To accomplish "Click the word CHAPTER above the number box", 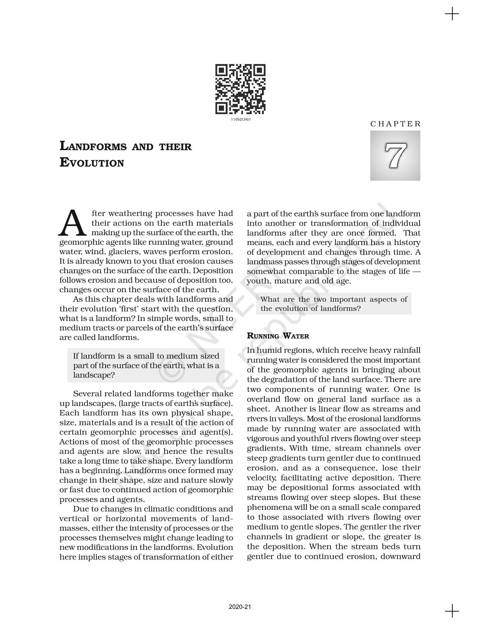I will [x=395, y=124].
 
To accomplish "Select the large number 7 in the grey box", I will [x=395, y=155].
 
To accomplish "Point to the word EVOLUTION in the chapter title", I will [x=91, y=163].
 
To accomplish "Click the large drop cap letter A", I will [x=73, y=223].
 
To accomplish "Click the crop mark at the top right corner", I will [x=452, y=14].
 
